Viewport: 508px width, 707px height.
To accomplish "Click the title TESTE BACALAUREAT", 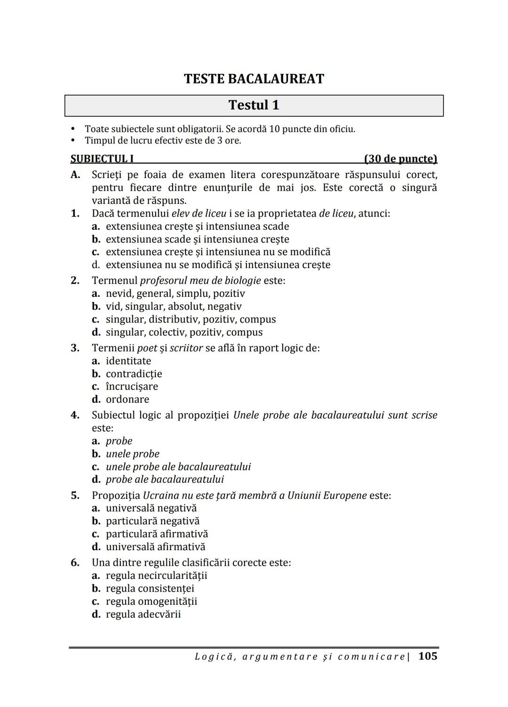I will pos(254,79).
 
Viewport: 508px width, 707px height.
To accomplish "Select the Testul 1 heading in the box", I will pos(254,105).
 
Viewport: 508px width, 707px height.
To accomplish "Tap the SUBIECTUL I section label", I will pos(102,159).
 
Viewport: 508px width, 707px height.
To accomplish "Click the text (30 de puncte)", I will pos(401,159).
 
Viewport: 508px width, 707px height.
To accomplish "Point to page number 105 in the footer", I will pos(428,656).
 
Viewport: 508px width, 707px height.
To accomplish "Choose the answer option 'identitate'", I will pos(128,361).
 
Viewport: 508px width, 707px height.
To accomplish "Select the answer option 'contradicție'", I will pos(134,374).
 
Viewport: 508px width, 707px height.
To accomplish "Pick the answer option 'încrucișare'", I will pos(132,387).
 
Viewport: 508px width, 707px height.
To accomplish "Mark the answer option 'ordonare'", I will pos(127,399).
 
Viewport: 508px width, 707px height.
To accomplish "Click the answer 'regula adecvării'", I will pos(143,615).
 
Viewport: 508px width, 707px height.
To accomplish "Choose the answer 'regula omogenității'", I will pos(151,601).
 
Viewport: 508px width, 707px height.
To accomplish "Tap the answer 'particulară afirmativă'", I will pos(157,534).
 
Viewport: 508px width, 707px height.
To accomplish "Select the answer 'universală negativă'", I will pos(151,509).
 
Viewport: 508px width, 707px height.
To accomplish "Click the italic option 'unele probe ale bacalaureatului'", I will pos(178,467).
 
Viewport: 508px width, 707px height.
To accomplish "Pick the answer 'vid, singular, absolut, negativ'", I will pos(174,307).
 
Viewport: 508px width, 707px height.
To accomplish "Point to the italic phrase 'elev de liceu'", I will pos(199,213).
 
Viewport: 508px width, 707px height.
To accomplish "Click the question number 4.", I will pos(75,415).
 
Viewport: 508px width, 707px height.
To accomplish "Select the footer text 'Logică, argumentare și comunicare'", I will pos(300,657).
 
